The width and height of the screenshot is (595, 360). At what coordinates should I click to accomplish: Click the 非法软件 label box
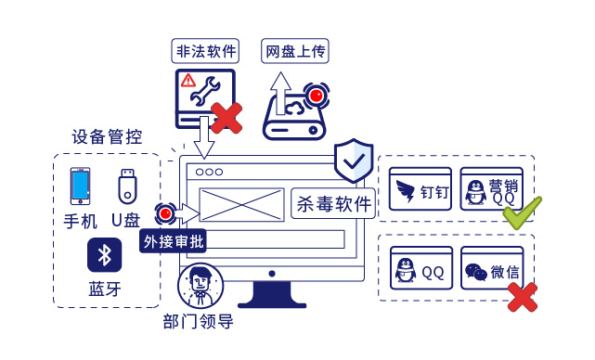click(205, 50)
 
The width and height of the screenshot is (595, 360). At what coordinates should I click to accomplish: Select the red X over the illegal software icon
click(226, 118)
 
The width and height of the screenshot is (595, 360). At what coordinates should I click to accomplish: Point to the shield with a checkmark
click(353, 161)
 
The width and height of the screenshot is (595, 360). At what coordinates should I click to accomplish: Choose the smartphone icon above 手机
click(81, 186)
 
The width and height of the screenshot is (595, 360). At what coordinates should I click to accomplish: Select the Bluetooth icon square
click(105, 255)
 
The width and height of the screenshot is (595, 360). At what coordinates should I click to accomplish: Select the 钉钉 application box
click(420, 190)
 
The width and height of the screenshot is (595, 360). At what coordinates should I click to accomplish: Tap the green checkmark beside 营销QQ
click(521, 212)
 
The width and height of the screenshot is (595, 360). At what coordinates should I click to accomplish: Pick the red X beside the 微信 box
click(522, 296)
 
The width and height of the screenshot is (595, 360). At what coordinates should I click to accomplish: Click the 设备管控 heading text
click(107, 137)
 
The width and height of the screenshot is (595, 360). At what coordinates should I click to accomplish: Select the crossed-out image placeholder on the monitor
click(241, 204)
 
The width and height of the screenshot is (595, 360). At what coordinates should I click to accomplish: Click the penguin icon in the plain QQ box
click(405, 271)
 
